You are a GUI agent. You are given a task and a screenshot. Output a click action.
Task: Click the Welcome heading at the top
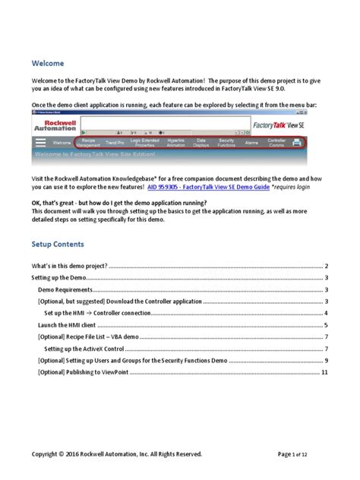point(48,63)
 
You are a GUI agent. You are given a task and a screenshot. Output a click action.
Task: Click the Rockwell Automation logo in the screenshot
point(55,126)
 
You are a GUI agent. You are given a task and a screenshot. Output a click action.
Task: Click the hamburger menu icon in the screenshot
point(40,142)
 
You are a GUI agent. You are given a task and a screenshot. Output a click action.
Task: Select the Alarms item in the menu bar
point(251,142)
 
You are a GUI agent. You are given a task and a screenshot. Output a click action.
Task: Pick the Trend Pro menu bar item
point(115,142)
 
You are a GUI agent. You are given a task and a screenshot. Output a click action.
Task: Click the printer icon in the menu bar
point(295,142)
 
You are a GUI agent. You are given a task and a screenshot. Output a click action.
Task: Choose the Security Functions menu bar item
point(226,142)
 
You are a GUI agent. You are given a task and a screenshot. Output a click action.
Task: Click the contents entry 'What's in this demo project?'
point(69,267)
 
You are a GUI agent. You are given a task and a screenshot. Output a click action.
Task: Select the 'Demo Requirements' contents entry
point(66,290)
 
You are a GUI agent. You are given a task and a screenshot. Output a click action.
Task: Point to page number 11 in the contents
point(324,373)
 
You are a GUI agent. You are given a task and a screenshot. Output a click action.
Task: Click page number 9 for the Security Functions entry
point(326,361)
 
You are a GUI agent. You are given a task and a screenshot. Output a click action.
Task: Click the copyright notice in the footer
point(116,454)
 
